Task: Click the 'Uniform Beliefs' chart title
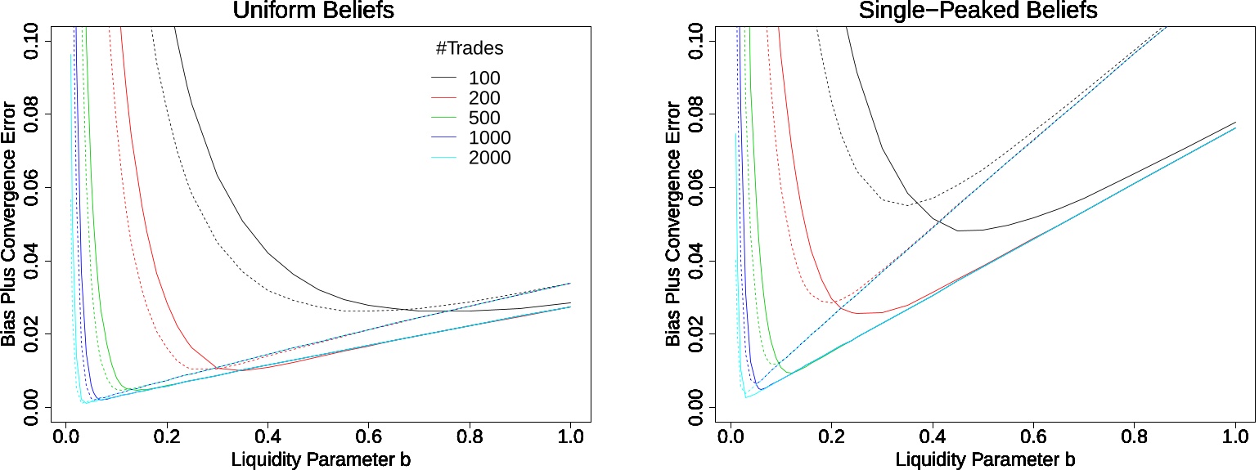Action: coord(326,11)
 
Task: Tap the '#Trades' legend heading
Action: coord(468,49)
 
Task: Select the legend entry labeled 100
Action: coord(484,78)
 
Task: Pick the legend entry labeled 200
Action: coord(484,98)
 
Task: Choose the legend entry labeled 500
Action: coord(484,118)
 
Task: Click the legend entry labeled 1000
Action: coord(489,137)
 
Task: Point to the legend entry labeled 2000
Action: coord(489,158)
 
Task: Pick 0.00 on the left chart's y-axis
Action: coord(34,407)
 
